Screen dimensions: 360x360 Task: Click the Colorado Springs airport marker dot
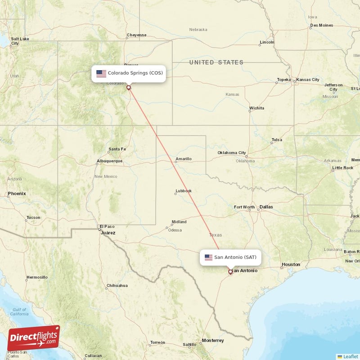pyautogui.click(x=128, y=88)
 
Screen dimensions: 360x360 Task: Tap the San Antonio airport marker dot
pyautogui.click(x=230, y=271)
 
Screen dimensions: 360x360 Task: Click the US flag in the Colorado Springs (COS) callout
pyautogui.click(x=101, y=73)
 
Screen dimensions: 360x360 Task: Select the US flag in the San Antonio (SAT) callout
pyautogui.click(x=208, y=257)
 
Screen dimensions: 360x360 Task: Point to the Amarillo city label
pyautogui.click(x=184, y=159)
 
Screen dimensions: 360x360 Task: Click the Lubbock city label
pyautogui.click(x=184, y=191)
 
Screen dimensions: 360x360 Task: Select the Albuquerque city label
pyautogui.click(x=109, y=161)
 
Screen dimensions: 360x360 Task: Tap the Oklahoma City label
pyautogui.click(x=232, y=153)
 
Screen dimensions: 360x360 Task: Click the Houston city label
pyautogui.click(x=291, y=265)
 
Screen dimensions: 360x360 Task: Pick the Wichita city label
pyautogui.click(x=257, y=108)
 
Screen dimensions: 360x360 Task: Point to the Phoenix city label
pyautogui.click(x=17, y=193)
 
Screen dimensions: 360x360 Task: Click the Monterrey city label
pyautogui.click(x=213, y=341)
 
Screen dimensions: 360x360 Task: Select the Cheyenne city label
pyautogui.click(x=136, y=35)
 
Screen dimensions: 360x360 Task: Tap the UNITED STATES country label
pyautogui.click(x=216, y=63)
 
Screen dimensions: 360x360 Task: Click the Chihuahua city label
pyautogui.click(x=117, y=286)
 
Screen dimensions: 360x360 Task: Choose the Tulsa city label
pyautogui.click(x=277, y=140)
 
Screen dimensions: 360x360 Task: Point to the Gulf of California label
pyautogui.click(x=19, y=312)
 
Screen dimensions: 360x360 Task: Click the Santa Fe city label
pyautogui.click(x=117, y=149)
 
